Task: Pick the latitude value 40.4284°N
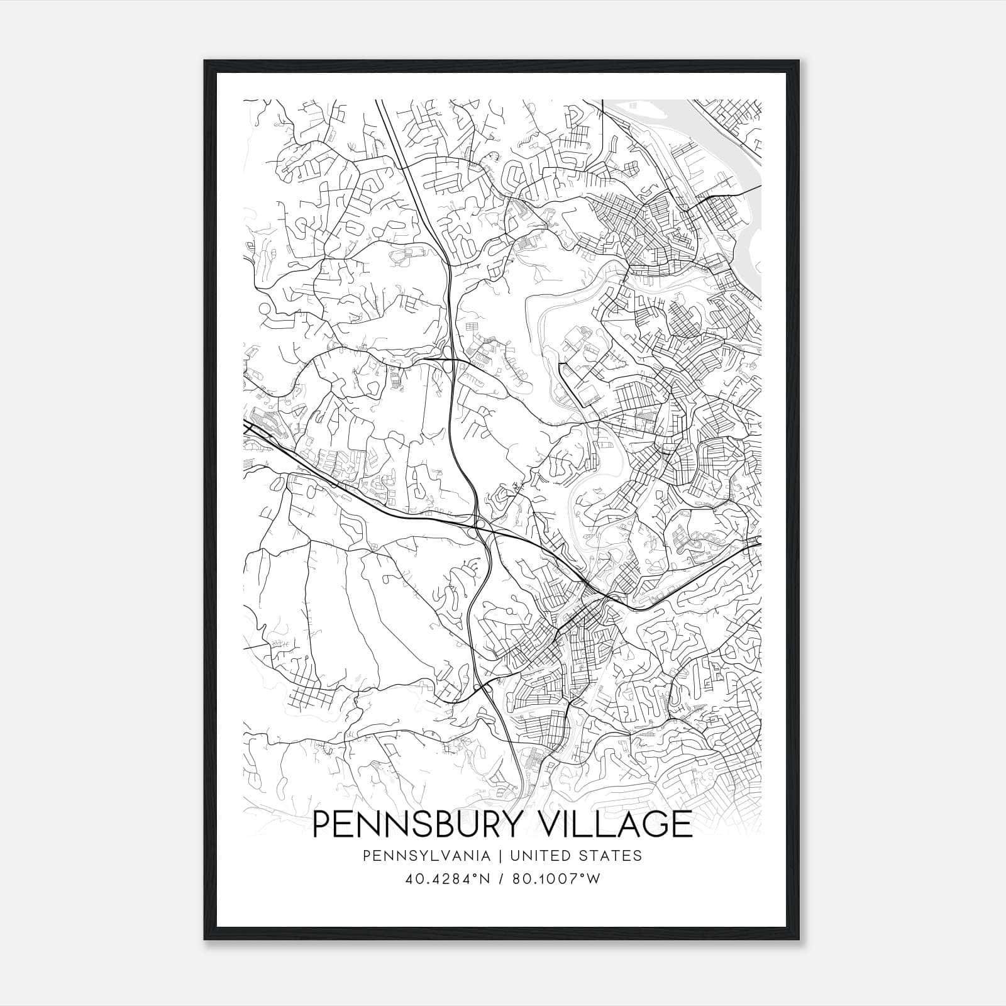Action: pyautogui.click(x=446, y=879)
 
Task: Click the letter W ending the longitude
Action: pyautogui.click(x=594, y=879)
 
